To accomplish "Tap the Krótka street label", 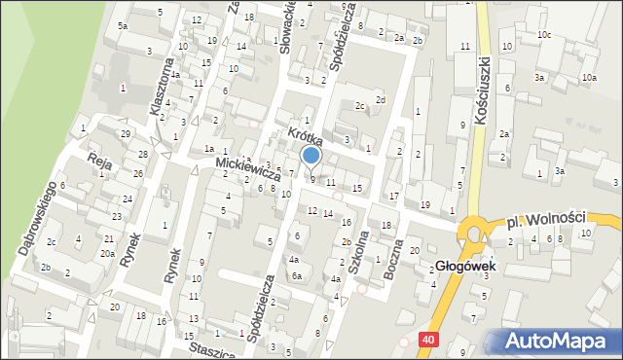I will (x=304, y=135).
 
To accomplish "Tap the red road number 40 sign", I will (x=429, y=339).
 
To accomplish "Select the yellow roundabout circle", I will (x=477, y=234).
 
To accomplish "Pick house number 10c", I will (x=542, y=35).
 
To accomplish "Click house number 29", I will (x=125, y=133).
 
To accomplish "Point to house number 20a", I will (x=106, y=253).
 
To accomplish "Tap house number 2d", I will (x=382, y=99).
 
